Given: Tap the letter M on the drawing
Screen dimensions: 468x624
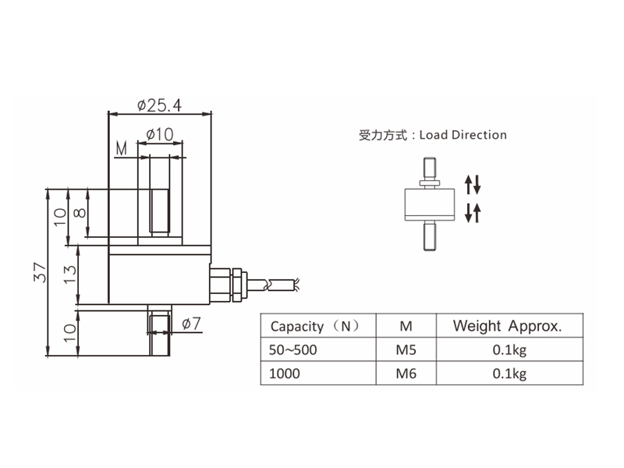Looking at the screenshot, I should [121, 148].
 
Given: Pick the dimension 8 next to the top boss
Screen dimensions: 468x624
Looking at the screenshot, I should [78, 214].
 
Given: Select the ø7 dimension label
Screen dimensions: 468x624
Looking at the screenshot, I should [191, 323].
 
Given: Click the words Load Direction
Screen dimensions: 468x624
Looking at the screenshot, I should [463, 135].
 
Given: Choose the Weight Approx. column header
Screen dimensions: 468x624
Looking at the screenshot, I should [507, 326].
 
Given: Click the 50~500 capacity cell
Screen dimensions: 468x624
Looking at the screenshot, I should [292, 350].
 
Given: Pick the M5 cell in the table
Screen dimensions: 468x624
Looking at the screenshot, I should [406, 350].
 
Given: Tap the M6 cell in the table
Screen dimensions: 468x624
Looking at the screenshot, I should [406, 374].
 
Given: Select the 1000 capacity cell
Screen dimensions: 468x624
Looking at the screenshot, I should [284, 374].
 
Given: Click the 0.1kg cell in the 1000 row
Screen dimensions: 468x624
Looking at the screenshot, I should [509, 374].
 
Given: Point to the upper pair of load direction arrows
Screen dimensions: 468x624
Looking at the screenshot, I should [473, 184].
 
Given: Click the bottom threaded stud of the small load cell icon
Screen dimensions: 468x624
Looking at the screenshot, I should [429, 238].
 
